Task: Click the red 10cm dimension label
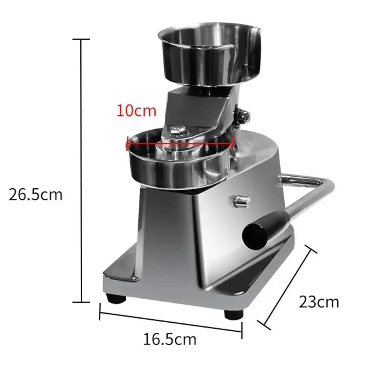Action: click(137, 111)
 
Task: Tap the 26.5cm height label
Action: click(36, 195)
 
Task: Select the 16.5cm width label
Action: click(170, 339)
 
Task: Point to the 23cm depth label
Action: click(319, 302)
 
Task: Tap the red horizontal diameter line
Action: click(180, 143)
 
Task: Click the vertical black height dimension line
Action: click(81, 170)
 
